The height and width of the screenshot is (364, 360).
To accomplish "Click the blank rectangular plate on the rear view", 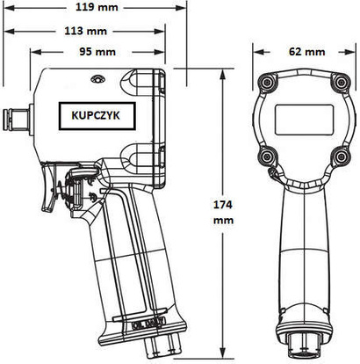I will [x=302, y=120].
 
